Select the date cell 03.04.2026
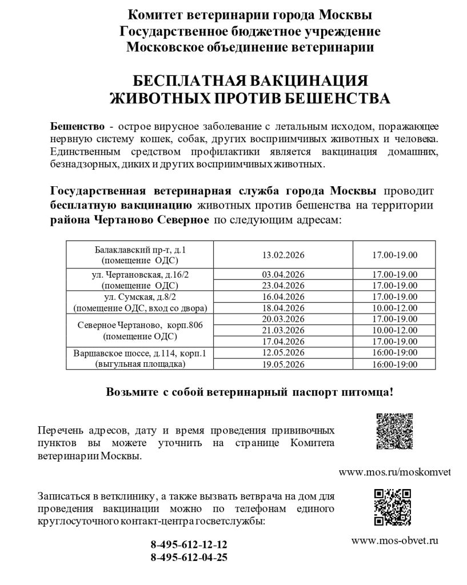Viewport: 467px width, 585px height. (x=282, y=274)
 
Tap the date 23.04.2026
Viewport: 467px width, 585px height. (x=282, y=285)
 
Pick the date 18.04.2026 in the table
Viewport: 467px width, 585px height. (x=282, y=307)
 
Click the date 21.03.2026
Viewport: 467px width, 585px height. (x=282, y=330)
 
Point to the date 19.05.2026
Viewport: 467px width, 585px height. (x=282, y=363)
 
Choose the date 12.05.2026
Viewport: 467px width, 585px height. (x=282, y=352)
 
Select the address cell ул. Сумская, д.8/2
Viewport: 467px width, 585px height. (x=140, y=302)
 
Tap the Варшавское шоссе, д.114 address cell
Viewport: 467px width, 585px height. (x=140, y=358)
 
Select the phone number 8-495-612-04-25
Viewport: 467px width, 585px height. (x=189, y=557)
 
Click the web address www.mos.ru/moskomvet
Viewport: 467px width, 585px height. (x=395, y=472)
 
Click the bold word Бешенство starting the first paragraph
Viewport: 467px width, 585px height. (x=77, y=126)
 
